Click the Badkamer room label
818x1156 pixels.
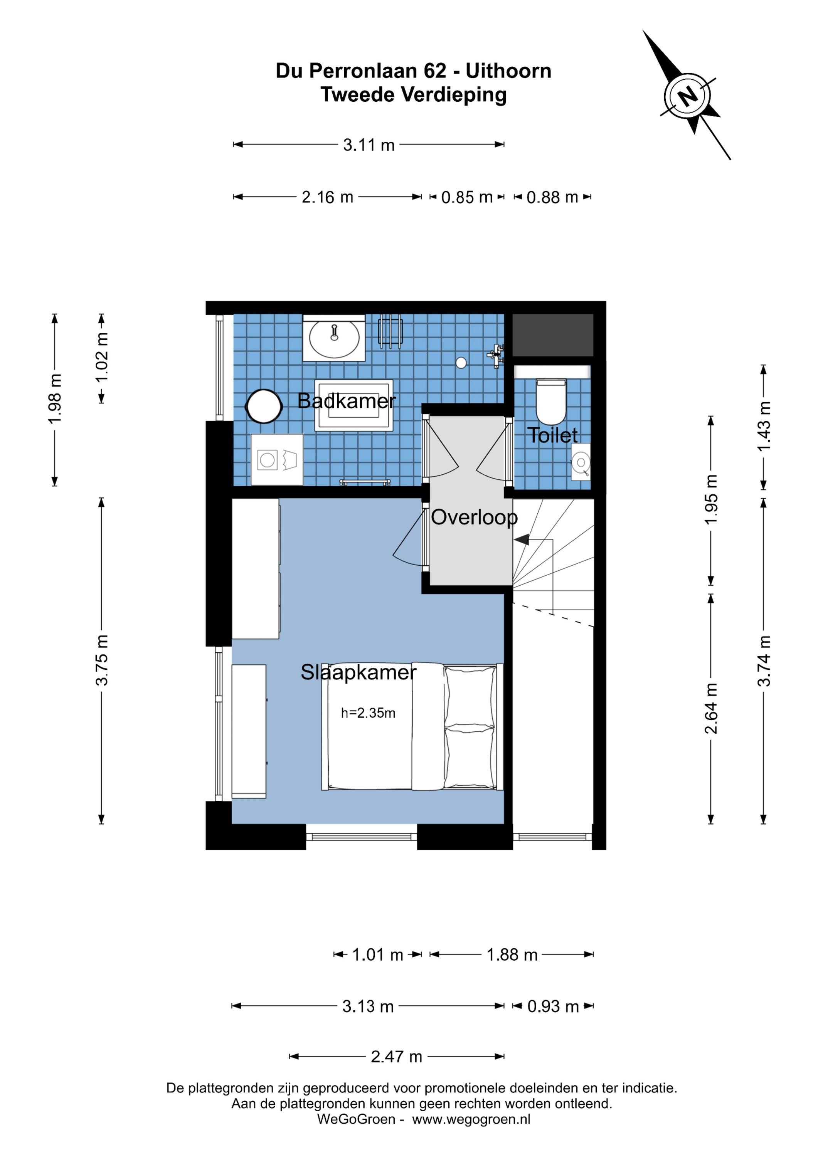(347, 401)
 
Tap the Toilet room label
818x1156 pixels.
(552, 435)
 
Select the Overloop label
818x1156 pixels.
(474, 518)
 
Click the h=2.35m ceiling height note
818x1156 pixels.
(368, 713)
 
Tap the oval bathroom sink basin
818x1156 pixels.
(334, 339)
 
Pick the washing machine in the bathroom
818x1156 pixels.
(277, 460)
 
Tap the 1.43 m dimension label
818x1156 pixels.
(764, 427)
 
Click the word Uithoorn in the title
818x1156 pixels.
(508, 71)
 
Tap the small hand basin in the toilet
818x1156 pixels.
(581, 462)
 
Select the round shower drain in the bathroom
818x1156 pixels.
(461, 363)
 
